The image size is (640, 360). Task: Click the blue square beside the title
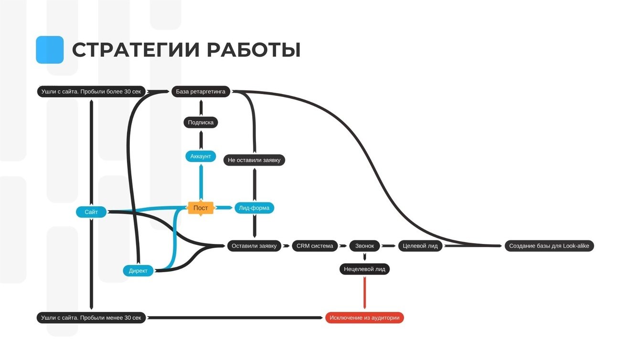click(50, 50)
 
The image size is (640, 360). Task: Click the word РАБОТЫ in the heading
click(254, 50)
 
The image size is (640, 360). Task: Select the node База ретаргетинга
click(201, 92)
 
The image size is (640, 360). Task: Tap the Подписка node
click(201, 123)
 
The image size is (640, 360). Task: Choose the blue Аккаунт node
click(201, 156)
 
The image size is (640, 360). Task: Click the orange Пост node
click(201, 208)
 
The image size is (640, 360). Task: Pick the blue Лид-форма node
click(254, 208)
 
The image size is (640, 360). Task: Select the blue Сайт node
click(91, 212)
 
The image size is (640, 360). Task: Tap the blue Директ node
click(138, 271)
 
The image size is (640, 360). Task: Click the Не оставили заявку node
click(254, 160)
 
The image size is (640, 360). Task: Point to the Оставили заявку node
click(254, 246)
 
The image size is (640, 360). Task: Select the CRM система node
click(315, 246)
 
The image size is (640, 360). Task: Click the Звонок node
click(364, 246)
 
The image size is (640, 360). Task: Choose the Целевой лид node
click(420, 246)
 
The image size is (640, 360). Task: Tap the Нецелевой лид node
click(364, 269)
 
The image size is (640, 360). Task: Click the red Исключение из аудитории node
click(364, 318)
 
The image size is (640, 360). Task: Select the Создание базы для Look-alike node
click(549, 246)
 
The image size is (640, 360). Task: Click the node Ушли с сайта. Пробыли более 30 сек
click(91, 92)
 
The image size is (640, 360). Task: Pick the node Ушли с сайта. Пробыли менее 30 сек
click(91, 318)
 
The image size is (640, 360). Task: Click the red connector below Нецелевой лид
click(364, 292)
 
